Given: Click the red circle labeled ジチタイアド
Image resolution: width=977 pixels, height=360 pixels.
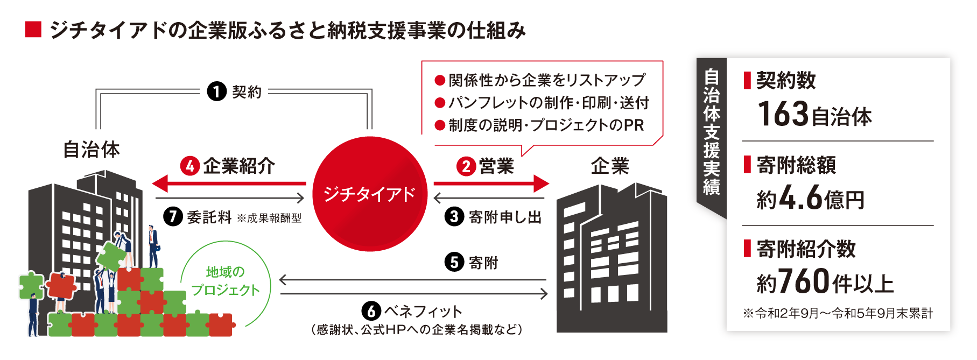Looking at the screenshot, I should coord(370,194).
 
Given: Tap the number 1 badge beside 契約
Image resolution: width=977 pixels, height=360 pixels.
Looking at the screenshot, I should coord(216,91).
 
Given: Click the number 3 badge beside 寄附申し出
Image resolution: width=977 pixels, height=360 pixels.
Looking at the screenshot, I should coord(454,216).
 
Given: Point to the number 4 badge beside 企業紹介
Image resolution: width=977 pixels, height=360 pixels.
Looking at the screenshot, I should coord(190,166).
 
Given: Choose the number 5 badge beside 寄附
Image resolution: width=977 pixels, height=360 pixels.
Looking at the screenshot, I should coord(454,262).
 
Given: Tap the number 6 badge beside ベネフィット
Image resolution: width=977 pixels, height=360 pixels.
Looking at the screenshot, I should coord(371,311).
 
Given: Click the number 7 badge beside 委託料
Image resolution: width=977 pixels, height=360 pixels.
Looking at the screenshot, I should coord(173,216).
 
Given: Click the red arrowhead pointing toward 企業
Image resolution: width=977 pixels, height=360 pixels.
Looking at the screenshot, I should coord(540,183).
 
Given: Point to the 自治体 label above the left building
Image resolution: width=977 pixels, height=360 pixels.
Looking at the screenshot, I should coord(92,150).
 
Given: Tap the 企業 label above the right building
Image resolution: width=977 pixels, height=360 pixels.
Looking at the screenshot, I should coord(610,166).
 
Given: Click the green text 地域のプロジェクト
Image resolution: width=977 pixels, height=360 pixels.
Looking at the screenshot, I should coord(226,281).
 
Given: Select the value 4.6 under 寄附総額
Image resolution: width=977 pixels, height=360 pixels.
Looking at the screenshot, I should coord(800,198).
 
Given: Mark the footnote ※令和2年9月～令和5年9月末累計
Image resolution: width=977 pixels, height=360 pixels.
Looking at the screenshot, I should coord(838,313).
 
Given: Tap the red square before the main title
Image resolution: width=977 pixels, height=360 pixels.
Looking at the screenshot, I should coord(33,30).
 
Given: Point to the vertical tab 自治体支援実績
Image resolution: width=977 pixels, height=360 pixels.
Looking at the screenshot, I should coord(711,132).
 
